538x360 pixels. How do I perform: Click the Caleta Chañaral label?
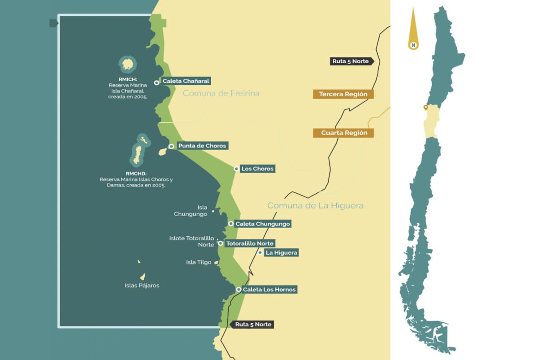coord(186,81)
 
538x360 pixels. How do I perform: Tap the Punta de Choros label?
coord(202,146)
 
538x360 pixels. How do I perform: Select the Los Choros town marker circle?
coord(236,169)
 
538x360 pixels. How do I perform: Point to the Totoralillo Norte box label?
coord(250,243)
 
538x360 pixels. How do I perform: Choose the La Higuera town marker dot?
coord(260,253)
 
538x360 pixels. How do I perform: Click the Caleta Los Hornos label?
coord(269,290)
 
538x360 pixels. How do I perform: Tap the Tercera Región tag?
coord(343,94)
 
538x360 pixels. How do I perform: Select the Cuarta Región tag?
coord(344,133)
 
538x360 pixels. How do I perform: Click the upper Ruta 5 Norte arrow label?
coord(351,61)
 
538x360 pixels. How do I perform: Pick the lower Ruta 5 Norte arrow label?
coord(253,324)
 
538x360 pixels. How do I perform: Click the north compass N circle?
coord(413,45)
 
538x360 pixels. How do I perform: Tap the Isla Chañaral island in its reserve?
coord(128,65)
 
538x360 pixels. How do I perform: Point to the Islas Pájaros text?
coord(142,286)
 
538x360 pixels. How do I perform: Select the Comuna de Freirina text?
coord(221,94)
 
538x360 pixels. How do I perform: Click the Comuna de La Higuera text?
coord(315,206)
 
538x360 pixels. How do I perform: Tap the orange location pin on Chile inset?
coord(425,107)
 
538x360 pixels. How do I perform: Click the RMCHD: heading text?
coord(136,173)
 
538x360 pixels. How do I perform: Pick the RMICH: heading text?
coord(128,79)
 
